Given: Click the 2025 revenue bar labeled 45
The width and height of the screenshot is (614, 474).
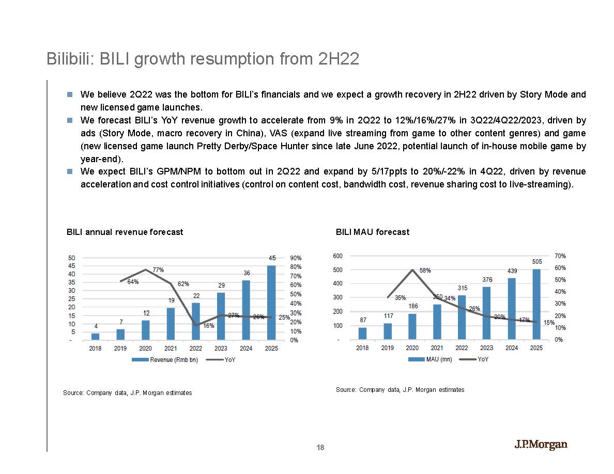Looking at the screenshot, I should pos(272,303).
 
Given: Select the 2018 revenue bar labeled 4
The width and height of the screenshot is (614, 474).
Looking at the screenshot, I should pos(95,337).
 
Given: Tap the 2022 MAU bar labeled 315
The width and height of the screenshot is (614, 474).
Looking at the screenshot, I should pos(462,318).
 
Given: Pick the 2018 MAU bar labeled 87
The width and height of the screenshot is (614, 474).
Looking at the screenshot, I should pos(362,334).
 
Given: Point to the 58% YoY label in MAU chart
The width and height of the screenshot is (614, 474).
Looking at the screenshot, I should pos(425,270).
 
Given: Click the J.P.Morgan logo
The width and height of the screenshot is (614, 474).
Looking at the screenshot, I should pos(541,445).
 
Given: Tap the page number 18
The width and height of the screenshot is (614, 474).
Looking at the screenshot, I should pos(320,448).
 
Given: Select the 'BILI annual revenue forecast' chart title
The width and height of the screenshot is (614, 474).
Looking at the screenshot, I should pos(125,232).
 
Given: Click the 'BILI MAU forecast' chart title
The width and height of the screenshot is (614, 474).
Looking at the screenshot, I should pos(372,232).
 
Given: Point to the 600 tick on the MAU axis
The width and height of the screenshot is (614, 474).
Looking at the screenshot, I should pos(337,256).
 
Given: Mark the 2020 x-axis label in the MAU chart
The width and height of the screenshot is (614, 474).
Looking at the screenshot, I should pos(412,349).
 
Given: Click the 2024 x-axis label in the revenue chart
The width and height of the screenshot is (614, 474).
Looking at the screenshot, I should pos(246,349).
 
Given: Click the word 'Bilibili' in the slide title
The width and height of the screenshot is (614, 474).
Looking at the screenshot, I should pos(67,59).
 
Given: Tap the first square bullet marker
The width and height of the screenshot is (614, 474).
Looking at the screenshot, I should pos(70,95).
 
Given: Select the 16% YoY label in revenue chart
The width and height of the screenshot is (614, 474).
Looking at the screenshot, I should pos(209,326).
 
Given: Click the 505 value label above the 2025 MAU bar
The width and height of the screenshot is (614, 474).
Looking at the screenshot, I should pos(537,262).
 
